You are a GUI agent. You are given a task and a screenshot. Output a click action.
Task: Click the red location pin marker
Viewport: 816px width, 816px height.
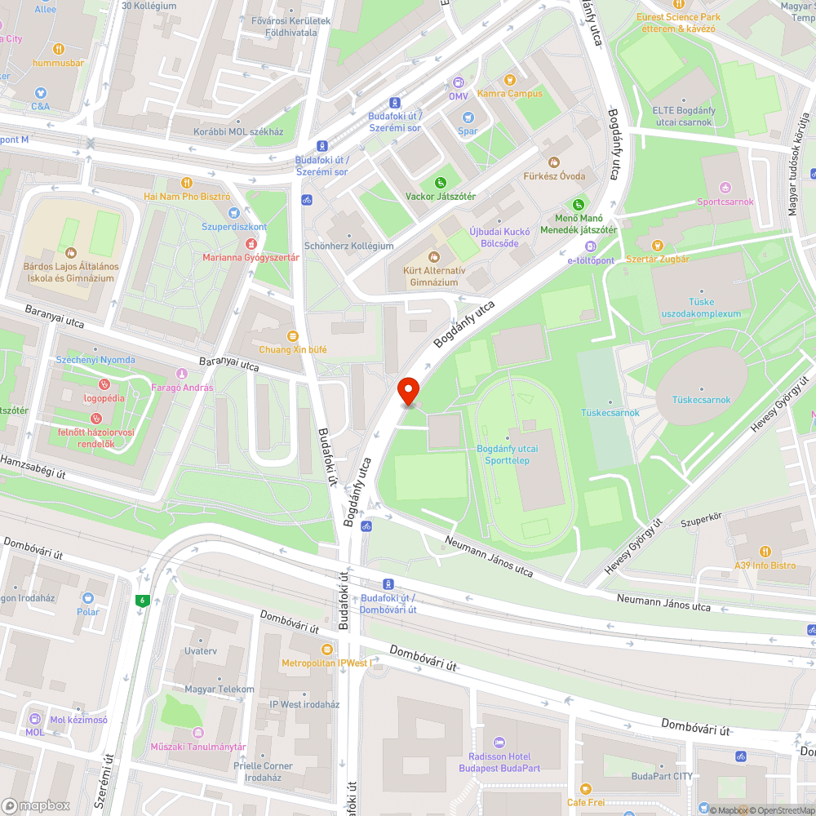point(408,392)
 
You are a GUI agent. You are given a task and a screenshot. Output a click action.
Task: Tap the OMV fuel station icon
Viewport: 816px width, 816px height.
point(459,82)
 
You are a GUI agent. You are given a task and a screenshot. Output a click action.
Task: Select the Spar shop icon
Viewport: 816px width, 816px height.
point(468,118)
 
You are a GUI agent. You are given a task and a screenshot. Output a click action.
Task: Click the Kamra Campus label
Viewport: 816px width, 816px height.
point(509,93)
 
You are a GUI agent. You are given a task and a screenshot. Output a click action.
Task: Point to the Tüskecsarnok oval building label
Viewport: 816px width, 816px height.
point(701,400)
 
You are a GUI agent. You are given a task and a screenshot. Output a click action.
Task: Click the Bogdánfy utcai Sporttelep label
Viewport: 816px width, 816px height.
point(507,455)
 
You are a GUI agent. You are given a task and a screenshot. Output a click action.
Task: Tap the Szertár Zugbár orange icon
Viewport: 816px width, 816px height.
point(657,245)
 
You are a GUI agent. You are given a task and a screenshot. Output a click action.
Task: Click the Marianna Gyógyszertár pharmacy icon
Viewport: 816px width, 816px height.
point(251,243)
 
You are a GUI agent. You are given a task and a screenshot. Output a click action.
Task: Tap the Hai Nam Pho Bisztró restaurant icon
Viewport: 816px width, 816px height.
point(187,183)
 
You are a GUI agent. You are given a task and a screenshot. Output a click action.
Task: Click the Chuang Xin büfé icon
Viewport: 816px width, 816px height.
point(292,335)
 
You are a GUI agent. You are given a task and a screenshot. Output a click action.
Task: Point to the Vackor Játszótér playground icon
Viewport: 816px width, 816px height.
point(441,182)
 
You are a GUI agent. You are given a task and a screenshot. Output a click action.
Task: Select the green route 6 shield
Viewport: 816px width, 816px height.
point(143,601)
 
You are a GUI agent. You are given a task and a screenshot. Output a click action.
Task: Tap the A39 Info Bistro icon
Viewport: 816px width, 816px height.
point(764,551)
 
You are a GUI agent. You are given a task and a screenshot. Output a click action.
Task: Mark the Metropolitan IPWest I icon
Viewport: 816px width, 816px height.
point(326,649)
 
